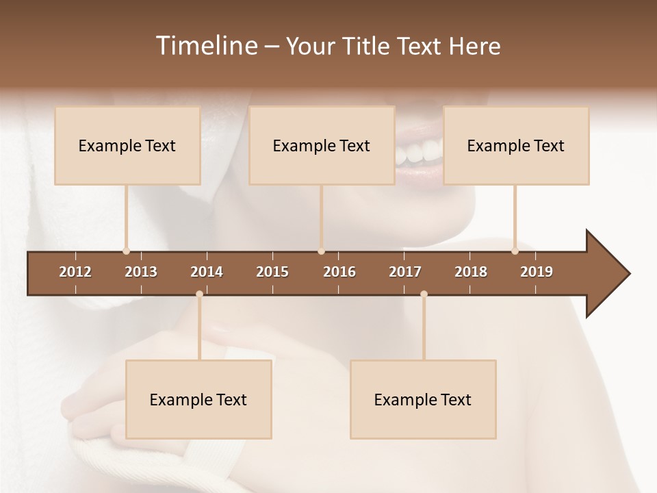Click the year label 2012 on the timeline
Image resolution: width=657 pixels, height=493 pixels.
pos(75,272)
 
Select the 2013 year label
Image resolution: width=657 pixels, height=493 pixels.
pos(141,272)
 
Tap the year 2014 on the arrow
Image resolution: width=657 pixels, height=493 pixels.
pos(207,272)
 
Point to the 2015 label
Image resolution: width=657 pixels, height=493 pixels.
pos(272,272)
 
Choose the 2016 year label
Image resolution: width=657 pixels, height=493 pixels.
pos(339,272)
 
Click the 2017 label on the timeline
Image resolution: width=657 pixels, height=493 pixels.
pos(405,272)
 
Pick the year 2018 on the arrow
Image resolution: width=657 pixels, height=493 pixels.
pos(471,272)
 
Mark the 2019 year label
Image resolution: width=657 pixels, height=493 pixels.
pos(537,272)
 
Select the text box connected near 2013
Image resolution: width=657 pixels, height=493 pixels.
pos(127,146)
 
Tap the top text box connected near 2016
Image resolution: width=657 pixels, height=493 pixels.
pos(322,146)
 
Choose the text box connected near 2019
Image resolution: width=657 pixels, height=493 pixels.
pos(516,146)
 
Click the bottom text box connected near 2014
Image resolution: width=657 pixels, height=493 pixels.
pos(198,400)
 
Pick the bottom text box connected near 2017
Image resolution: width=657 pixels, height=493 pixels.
pos(423,400)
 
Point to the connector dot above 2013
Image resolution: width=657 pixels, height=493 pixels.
pos(126,251)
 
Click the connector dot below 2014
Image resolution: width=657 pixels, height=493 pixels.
pos(199,294)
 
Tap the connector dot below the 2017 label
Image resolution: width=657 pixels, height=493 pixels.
pos(424,294)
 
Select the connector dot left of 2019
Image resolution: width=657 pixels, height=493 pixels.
pos(515,251)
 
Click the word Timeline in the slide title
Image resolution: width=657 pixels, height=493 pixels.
pos(205,46)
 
